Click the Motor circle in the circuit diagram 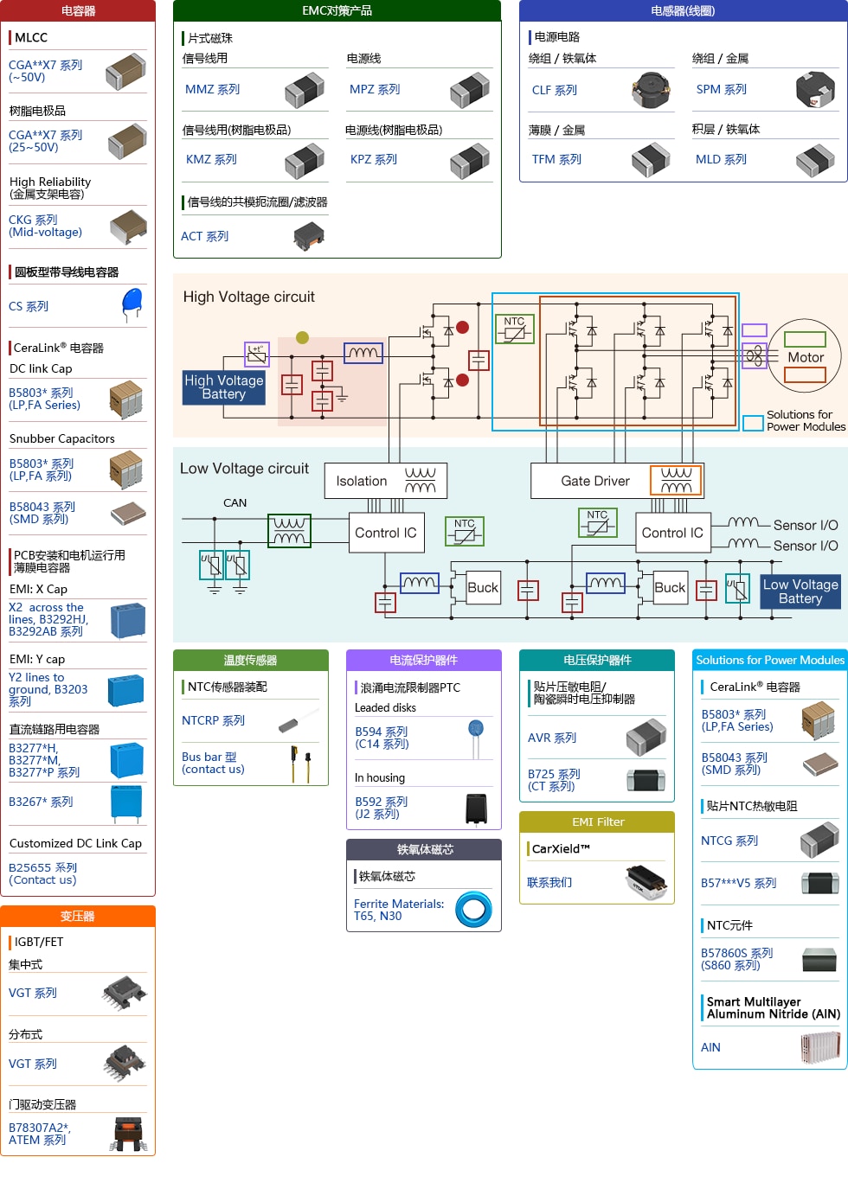point(805,356)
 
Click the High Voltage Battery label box point(223,387)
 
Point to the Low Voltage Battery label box point(800,591)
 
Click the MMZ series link point(212,90)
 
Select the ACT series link point(205,237)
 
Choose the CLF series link point(555,91)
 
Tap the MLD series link point(721,160)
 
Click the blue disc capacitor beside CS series point(132,303)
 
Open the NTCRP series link point(213,721)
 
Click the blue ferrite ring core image point(474,910)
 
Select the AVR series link point(552,738)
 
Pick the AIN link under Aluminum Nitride point(710,1048)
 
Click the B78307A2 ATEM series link point(40,1134)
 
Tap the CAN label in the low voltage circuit point(235,503)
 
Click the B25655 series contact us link point(43,874)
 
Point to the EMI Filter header point(597,822)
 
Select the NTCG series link point(729,841)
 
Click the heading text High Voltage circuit point(249,297)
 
